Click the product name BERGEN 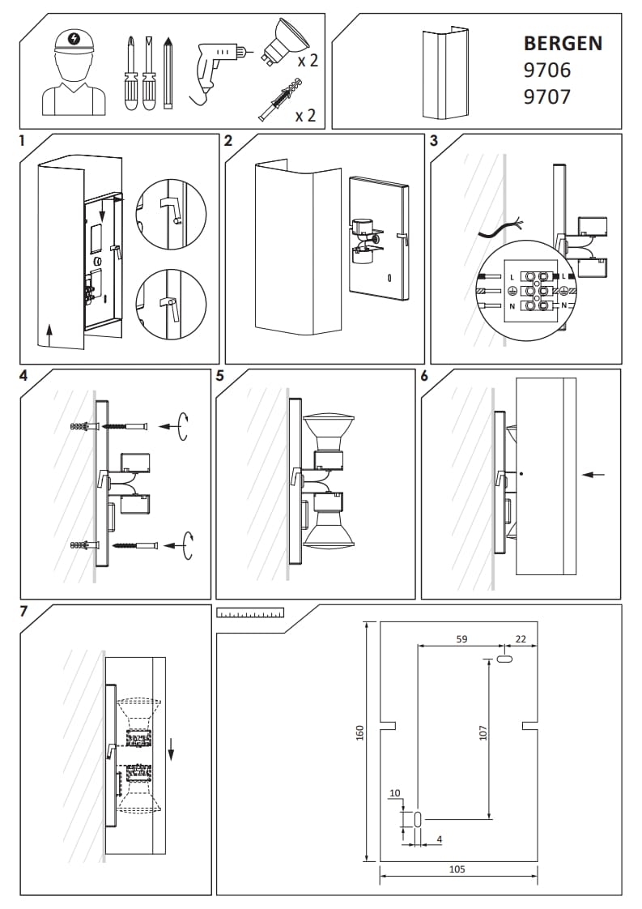pyautogui.click(x=563, y=43)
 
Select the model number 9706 pyautogui.click(x=546, y=70)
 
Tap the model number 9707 pyautogui.click(x=546, y=97)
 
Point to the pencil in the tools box pyautogui.click(x=168, y=72)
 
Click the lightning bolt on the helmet pyautogui.click(x=74, y=38)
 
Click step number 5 pyautogui.click(x=220, y=376)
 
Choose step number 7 pyautogui.click(x=24, y=611)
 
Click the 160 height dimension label pyautogui.click(x=360, y=732)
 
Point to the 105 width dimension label pyautogui.click(x=457, y=868)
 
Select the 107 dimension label pyautogui.click(x=483, y=732)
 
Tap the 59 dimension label pyautogui.click(x=461, y=639)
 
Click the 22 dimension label pyautogui.click(x=521, y=639)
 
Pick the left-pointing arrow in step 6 pyautogui.click(x=593, y=474)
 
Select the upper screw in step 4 pyautogui.click(x=129, y=425)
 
